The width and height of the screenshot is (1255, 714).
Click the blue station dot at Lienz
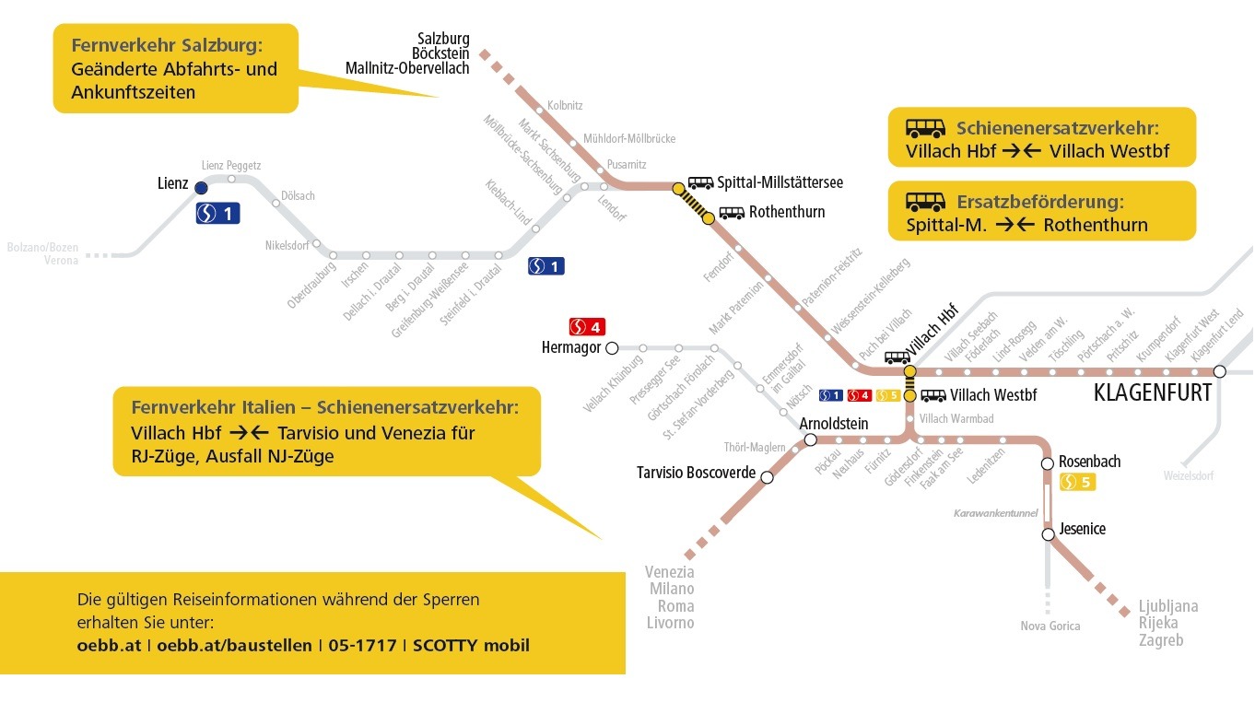pos(201,188)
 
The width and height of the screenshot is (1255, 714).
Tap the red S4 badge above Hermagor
pos(587,326)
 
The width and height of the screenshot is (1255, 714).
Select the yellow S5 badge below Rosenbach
pos(1077,482)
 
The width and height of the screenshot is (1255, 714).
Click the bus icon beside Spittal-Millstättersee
pos(700,182)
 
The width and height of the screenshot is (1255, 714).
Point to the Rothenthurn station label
pos(787,212)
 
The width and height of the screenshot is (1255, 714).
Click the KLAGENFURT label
pos(1153,392)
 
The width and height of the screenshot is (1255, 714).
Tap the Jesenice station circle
pos(1049,534)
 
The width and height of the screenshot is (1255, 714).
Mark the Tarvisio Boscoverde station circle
pos(767,477)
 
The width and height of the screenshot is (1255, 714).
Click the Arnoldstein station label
pos(834,424)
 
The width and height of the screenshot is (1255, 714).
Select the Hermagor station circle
pos(613,348)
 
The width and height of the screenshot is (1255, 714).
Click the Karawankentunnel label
pos(995,513)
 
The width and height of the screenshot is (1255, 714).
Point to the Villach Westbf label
pos(993,395)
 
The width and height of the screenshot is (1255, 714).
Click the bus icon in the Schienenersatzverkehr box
pos(925,128)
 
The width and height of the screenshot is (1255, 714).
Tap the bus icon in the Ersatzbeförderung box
pos(925,202)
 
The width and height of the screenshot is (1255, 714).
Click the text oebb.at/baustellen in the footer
pos(234,646)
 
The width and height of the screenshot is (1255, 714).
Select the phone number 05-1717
pos(362,646)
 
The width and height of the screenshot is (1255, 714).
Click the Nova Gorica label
pos(1050,626)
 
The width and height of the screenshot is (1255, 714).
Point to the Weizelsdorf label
pos(1189,476)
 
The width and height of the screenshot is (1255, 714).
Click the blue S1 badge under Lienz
pos(218,214)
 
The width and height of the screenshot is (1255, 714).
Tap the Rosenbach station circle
pos(1048,463)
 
